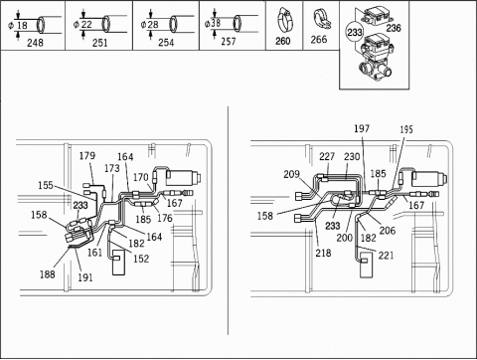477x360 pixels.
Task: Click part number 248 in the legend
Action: coord(35,43)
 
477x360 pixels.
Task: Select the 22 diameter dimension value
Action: coord(86,24)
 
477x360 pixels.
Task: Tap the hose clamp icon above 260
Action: coord(284,21)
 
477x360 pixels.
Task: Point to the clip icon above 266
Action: coord(321,20)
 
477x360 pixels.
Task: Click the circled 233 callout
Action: coord(355,32)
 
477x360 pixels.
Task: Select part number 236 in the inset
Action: coord(394,28)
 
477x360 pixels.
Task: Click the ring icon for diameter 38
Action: coord(237,24)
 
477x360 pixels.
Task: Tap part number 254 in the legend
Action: coord(166,43)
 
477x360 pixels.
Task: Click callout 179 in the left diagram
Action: coord(87,155)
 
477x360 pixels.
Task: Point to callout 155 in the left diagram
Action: coord(46,185)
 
